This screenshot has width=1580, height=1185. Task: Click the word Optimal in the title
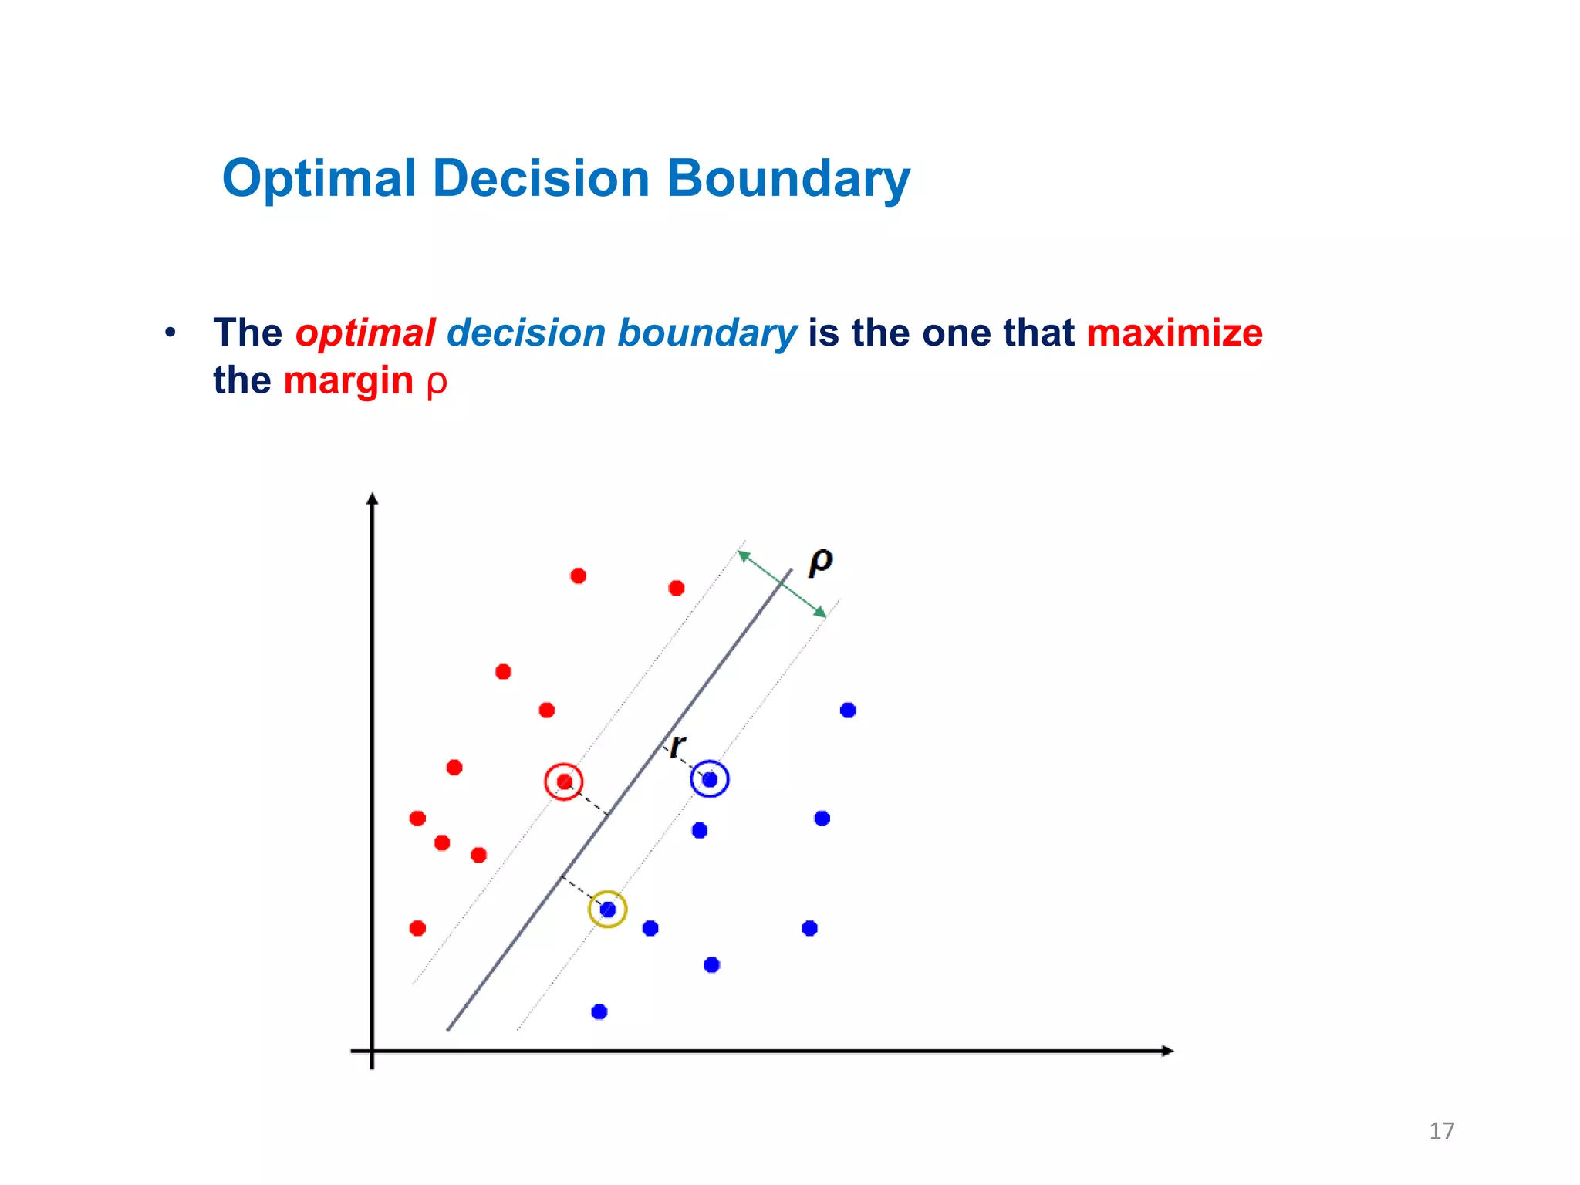pos(319,179)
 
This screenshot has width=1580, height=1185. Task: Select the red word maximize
pos(1174,333)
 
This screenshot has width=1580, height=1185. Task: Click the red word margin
pos(348,381)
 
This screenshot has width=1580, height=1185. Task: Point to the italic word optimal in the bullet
pos(365,333)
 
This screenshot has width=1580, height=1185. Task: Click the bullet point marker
pos(170,333)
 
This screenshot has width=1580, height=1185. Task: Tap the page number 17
pos(1441,1131)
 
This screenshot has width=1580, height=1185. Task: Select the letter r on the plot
pos(677,746)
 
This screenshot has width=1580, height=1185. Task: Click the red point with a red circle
pos(564,782)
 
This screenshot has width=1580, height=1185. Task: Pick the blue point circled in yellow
pos(607,910)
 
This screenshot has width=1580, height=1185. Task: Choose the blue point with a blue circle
pos(710,779)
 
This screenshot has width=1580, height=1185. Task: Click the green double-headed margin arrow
pos(782,584)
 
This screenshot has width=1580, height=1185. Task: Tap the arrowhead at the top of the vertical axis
pos(372,499)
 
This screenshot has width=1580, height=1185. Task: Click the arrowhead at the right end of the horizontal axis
pos(1167,1051)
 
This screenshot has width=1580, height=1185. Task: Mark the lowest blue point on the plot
pos(599,1011)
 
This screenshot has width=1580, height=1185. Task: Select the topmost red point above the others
pos(578,576)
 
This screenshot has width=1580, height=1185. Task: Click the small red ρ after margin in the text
pos(437,383)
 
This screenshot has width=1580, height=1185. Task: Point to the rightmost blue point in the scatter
pos(848,710)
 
